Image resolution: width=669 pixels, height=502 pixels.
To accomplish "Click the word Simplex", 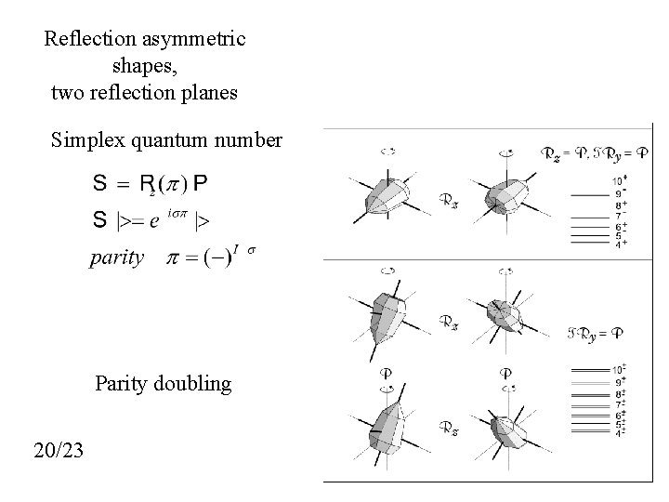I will [x=90, y=140].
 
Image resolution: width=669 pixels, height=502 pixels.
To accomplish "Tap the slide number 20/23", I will [x=59, y=451].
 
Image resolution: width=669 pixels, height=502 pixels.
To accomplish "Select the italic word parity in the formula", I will [x=116, y=258].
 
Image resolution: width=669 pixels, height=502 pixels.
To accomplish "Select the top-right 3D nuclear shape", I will [x=506, y=196].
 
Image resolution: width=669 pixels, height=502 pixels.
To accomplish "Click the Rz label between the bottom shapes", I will [x=447, y=429].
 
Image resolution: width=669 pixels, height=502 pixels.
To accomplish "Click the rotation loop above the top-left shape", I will [x=389, y=150].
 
